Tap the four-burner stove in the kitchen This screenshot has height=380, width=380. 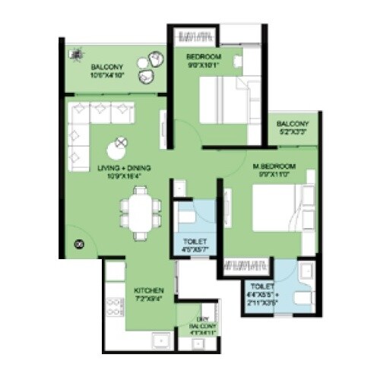click(x=114, y=308)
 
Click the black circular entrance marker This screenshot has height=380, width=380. click(x=77, y=245)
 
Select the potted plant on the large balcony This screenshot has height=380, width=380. click(x=76, y=53)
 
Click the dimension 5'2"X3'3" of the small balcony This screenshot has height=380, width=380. click(x=292, y=131)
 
